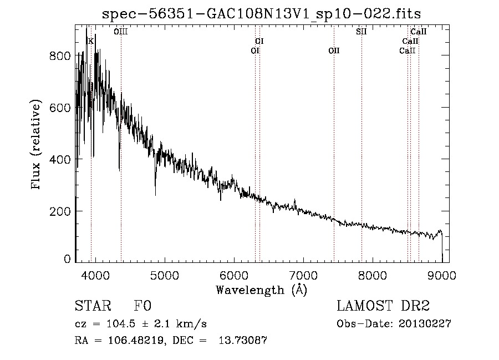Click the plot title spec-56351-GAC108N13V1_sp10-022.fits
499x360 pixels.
261,14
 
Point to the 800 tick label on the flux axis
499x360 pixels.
60,56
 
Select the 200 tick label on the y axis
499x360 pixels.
60,211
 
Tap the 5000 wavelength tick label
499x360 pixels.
165,275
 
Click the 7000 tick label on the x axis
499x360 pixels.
303,275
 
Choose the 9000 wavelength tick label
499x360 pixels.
442,275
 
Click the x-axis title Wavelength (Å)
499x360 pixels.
262,290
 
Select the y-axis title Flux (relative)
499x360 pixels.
36,144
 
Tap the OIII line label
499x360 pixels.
121,32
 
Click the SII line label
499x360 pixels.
361,32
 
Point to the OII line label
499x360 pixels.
334,50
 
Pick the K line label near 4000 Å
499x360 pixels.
91,41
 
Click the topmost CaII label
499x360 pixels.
419,32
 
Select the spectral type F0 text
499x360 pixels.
142,306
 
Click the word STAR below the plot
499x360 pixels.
93,306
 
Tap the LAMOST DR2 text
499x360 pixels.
383,306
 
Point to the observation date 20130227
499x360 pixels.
425,323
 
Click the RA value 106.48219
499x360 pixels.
136,340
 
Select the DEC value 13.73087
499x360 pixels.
243,340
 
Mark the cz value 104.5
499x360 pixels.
121,324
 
